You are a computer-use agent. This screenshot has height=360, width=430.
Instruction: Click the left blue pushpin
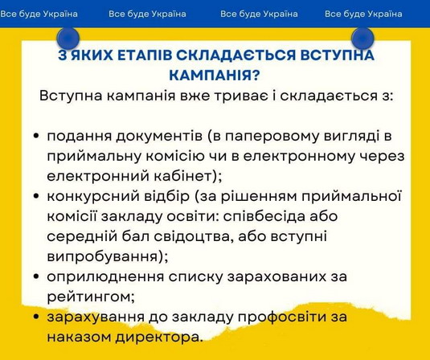68,38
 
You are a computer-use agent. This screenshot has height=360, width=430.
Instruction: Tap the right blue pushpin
362,38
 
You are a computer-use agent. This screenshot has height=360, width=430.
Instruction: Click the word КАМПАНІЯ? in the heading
214,75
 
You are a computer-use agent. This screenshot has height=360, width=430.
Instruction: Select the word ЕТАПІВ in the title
144,55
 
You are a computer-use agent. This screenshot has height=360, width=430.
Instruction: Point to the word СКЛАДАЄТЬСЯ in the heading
236,55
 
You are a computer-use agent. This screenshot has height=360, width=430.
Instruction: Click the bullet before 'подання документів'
36,137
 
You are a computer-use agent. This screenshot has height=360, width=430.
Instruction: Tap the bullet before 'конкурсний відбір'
36,196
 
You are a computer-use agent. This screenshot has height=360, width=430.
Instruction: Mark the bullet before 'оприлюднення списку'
36,276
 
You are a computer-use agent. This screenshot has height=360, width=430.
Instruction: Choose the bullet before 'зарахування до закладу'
36,317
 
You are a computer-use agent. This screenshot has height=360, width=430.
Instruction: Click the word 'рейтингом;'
91,297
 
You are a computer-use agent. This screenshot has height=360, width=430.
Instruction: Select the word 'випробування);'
108,257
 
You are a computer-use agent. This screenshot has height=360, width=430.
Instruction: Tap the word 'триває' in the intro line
242,96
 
